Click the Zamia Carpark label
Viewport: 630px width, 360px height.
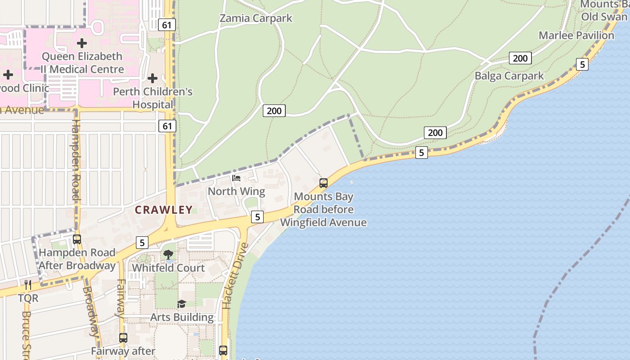click(x=256, y=18)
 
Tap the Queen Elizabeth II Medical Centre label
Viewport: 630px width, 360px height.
click(x=82, y=63)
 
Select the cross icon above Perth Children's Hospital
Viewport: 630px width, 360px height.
click(x=153, y=78)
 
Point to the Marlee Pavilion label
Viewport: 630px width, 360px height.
click(x=576, y=36)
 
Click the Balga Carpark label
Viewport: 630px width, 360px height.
click(x=509, y=76)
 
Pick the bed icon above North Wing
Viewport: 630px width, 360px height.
click(x=236, y=178)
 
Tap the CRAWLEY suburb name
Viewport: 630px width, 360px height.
click(x=164, y=210)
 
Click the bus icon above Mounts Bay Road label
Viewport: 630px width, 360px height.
click(x=324, y=183)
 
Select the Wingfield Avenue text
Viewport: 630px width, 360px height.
click(x=323, y=222)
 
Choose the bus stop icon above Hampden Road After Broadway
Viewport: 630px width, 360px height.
click(x=77, y=239)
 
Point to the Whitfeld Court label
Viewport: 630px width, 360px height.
click(x=168, y=268)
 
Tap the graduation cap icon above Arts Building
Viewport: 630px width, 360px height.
click(x=181, y=304)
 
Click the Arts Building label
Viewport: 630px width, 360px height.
click(x=182, y=317)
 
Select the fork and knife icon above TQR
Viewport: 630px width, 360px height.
click(x=28, y=285)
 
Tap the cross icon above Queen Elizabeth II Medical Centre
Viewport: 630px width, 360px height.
click(x=81, y=43)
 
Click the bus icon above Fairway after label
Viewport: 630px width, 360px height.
click(x=123, y=337)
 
